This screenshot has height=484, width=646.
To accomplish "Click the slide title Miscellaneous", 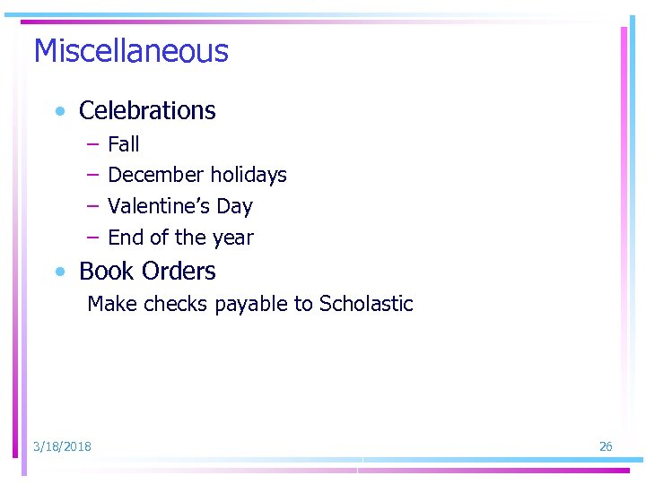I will (131, 51).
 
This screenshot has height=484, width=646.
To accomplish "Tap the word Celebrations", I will (147, 111).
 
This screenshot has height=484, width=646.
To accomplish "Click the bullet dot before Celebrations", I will (59, 112).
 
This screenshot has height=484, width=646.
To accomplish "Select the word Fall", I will (124, 144).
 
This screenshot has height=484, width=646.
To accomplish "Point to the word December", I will (156, 175).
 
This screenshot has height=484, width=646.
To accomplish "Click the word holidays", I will (249, 176).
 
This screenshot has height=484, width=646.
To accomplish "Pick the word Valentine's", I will (158, 206).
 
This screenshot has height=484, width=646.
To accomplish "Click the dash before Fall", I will (92, 144).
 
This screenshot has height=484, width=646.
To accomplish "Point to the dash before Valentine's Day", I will (92, 206).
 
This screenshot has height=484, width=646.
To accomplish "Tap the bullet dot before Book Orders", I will (59, 272).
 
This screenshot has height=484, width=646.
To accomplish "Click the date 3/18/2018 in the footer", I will (62, 446).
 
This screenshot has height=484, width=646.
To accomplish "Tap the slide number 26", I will (606, 446).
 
